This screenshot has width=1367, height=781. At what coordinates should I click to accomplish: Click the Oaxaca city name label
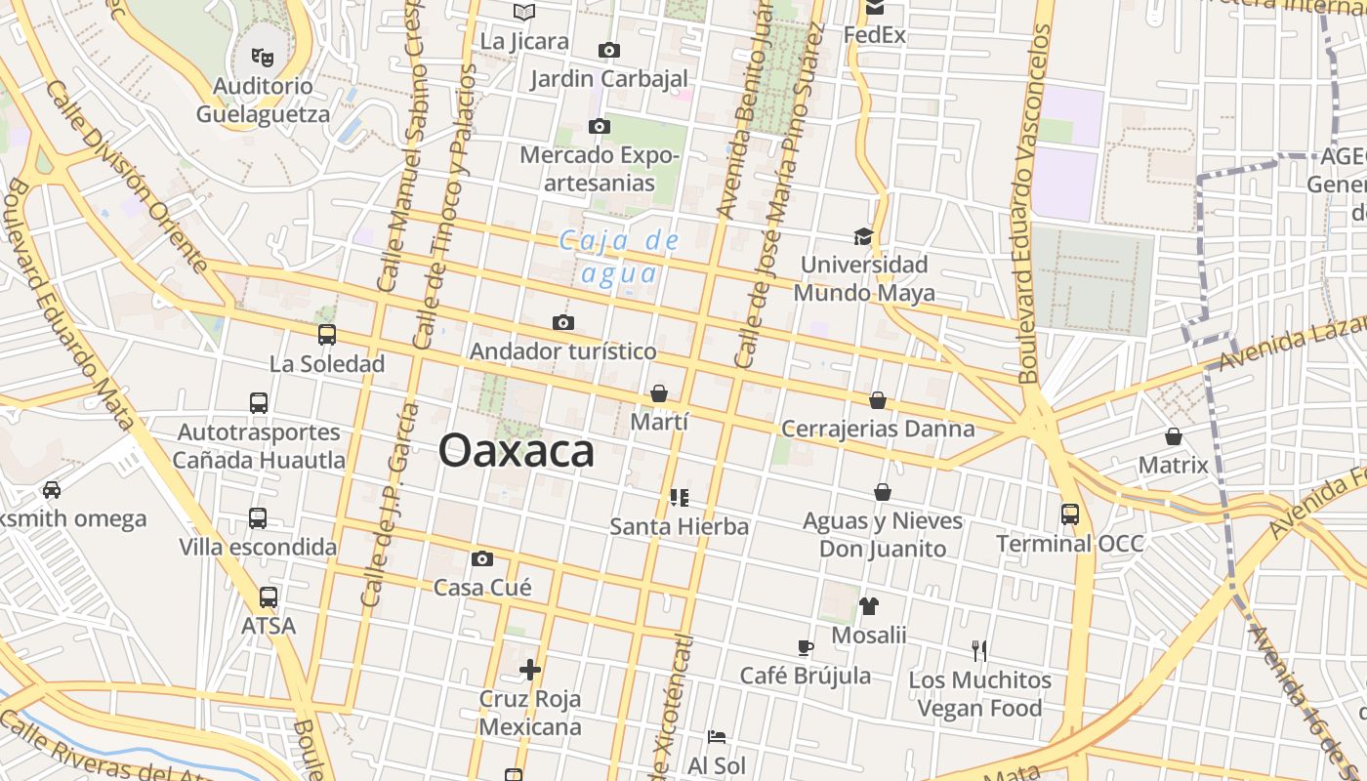click(516, 451)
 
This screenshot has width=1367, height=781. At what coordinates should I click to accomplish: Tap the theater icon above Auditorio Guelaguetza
click(263, 58)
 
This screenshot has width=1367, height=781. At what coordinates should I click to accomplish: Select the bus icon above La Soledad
click(327, 335)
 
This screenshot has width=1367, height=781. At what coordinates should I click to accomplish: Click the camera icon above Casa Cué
click(481, 559)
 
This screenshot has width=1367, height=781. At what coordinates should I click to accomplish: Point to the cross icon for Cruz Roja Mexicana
click(530, 670)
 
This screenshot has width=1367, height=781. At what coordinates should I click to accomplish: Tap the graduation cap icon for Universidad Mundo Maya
click(863, 236)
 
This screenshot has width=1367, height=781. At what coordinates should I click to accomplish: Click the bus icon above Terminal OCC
click(1070, 514)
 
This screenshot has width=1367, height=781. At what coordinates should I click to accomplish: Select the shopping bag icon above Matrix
click(1173, 436)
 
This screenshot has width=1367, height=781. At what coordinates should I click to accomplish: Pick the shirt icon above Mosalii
click(869, 606)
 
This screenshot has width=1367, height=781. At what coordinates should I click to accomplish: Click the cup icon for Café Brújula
click(806, 647)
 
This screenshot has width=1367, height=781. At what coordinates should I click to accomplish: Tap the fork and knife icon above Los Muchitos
click(979, 650)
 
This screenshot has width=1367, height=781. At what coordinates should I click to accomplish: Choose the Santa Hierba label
click(680, 527)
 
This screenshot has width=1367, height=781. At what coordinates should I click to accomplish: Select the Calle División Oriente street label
click(127, 176)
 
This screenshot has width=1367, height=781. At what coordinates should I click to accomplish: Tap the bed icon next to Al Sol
click(717, 737)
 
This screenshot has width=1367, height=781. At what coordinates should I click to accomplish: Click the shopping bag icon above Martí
click(659, 393)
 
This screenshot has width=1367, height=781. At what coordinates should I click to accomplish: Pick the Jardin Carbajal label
click(609, 79)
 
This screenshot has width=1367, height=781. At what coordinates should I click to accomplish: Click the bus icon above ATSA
click(269, 596)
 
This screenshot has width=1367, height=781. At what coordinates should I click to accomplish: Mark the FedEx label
click(875, 35)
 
